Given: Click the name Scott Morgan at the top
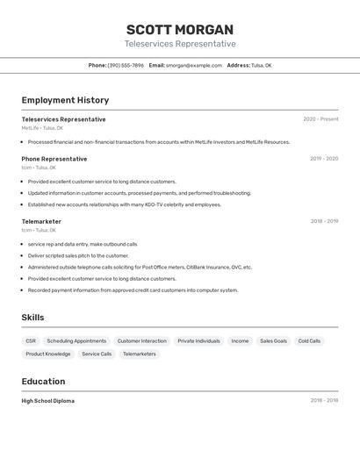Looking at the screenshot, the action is pyautogui.click(x=180, y=29).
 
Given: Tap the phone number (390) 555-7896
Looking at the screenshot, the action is pyautogui.click(x=126, y=65).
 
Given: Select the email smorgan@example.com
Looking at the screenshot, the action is pyautogui.click(x=193, y=65).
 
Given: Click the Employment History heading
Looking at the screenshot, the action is pyautogui.click(x=65, y=100).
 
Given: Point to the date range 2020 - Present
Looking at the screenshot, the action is pyautogui.click(x=320, y=119).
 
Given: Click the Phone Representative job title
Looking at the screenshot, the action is pyautogui.click(x=54, y=159).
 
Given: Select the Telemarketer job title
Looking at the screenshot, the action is pyautogui.click(x=41, y=221).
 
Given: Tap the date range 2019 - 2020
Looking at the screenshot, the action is pyautogui.click(x=324, y=159).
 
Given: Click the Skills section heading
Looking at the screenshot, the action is pyautogui.click(x=32, y=318).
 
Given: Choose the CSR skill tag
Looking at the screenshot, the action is pyautogui.click(x=31, y=340).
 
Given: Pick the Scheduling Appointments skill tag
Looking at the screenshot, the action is pyautogui.click(x=76, y=340).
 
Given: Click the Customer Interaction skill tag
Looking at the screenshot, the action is pyautogui.click(x=141, y=340).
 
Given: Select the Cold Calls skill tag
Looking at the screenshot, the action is pyautogui.click(x=309, y=340).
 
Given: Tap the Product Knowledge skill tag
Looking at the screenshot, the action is pyautogui.click(x=48, y=354).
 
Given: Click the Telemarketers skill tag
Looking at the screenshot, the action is pyautogui.click(x=139, y=354).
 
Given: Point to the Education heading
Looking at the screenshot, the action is pyautogui.click(x=43, y=382).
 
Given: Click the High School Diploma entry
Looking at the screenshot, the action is pyautogui.click(x=48, y=401).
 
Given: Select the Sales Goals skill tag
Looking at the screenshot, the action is pyautogui.click(x=273, y=340).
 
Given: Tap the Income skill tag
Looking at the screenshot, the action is pyautogui.click(x=240, y=340).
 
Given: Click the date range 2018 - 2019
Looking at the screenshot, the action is pyautogui.click(x=324, y=221).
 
